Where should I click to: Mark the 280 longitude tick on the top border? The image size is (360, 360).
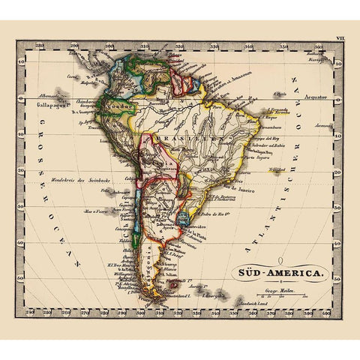tap(73, 46)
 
